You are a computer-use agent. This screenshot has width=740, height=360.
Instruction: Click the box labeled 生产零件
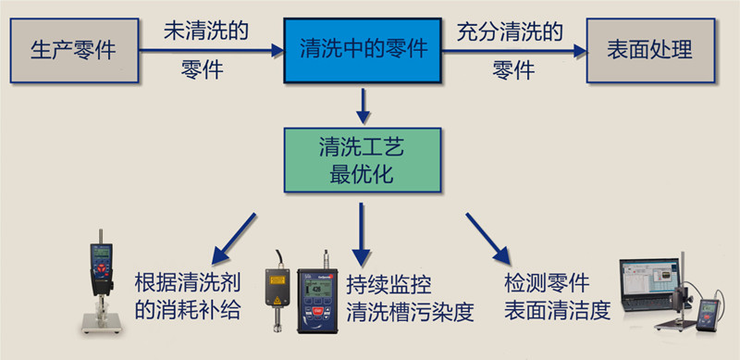click(x=74, y=50)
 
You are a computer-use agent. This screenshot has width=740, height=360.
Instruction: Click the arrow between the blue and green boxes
click(x=364, y=106)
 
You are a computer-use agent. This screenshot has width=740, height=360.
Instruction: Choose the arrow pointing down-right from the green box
click(x=488, y=235)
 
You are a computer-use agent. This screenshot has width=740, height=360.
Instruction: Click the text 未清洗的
click(x=206, y=31)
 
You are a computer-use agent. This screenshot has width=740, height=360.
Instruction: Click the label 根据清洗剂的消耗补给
click(x=188, y=296)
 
